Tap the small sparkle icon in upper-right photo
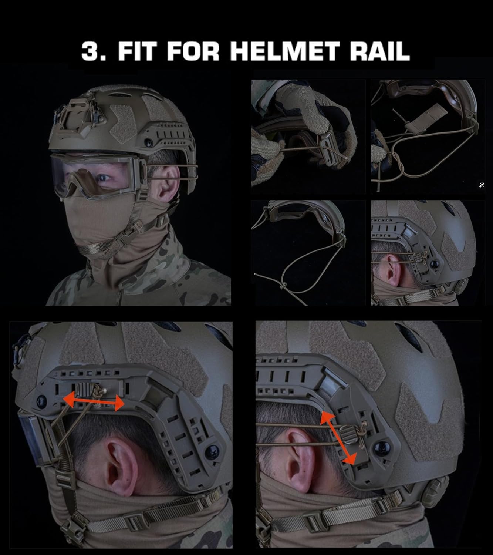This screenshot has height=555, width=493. (481, 185)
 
